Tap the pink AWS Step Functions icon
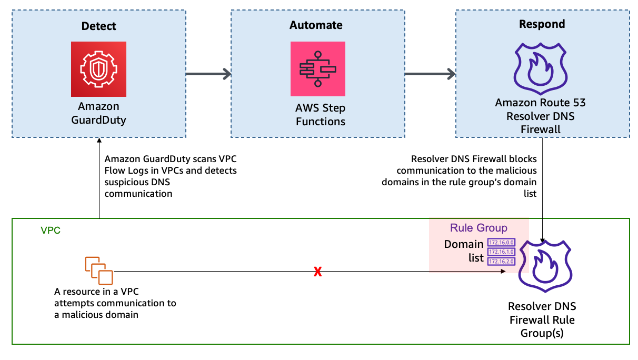click(317, 69)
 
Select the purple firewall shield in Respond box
click(540, 66)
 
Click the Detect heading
click(99, 26)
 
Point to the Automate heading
click(316, 25)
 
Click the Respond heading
click(542, 24)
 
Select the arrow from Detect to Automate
click(208, 74)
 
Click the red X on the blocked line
click(317, 272)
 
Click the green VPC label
click(51, 231)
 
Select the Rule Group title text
click(478, 228)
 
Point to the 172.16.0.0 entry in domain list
click(501, 243)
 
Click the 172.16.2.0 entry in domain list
click(501, 261)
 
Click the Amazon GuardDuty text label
click(99, 113)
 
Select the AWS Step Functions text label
click(320, 115)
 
